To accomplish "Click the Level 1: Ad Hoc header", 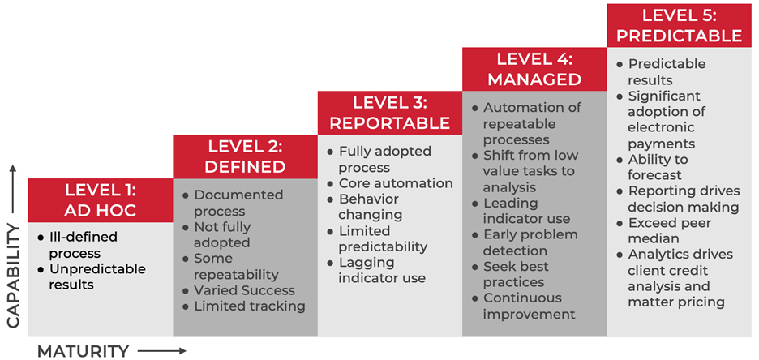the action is point(101,200).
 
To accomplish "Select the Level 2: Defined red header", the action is point(246,156).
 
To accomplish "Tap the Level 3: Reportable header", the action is point(390,113).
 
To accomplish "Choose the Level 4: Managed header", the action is point(534,69).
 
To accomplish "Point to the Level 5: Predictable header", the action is point(680,26).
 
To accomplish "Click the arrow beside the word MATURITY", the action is point(161,351).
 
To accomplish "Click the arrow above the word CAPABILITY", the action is point(13,189).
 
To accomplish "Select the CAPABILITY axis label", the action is point(13,276).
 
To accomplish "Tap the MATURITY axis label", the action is point(84,351).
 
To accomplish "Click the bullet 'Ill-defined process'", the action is point(78,246).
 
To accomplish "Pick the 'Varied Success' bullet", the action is point(239,290).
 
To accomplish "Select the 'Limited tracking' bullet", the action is point(244,306).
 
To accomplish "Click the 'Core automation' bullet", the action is point(390,183).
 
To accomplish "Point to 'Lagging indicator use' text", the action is point(376,271).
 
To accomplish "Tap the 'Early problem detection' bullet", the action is point(525,243).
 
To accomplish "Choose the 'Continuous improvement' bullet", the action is point(524,306).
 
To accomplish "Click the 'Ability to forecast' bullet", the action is point(653,167).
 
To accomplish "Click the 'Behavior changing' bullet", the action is point(363,207).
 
